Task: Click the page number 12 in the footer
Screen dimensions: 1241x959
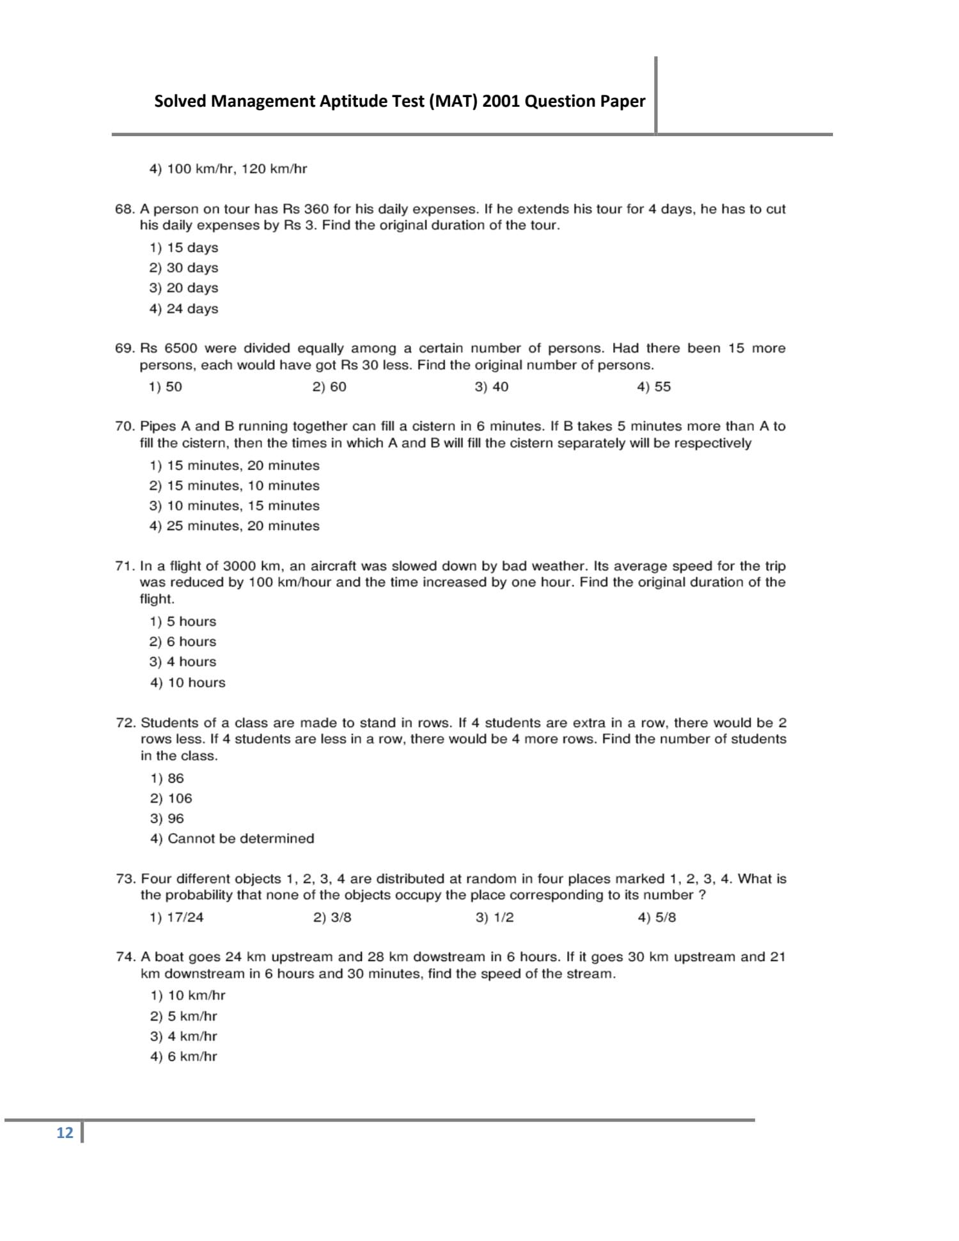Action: pyautogui.click(x=65, y=1133)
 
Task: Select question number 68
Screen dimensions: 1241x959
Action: pyautogui.click(x=125, y=209)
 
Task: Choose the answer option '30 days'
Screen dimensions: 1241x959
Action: pyautogui.click(x=184, y=268)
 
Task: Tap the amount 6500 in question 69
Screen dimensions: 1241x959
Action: pyautogui.click(x=181, y=348)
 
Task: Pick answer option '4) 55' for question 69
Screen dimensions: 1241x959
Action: pyautogui.click(x=653, y=387)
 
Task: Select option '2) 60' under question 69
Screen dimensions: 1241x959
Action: pyautogui.click(x=329, y=387)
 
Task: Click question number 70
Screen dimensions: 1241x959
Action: pyautogui.click(x=125, y=426)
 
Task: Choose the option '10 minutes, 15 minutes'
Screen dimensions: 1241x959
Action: pyautogui.click(x=235, y=506)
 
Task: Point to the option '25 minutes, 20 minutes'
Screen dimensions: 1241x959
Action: pyautogui.click(x=235, y=526)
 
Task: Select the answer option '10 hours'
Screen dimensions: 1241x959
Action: pyautogui.click(x=188, y=683)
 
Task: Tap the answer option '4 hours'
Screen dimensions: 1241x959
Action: pyautogui.click(x=183, y=662)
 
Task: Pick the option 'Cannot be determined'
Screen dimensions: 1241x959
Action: pyautogui.click(x=233, y=839)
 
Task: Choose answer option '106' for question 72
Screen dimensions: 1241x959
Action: pyautogui.click(x=171, y=799)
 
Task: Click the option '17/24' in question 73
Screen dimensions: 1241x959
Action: pyautogui.click(x=176, y=917)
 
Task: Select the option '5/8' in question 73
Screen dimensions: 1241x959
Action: pyautogui.click(x=657, y=917)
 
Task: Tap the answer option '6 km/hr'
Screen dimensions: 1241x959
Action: pyautogui.click(x=184, y=1057)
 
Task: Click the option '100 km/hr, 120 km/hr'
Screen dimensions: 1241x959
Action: pyautogui.click(x=228, y=169)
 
